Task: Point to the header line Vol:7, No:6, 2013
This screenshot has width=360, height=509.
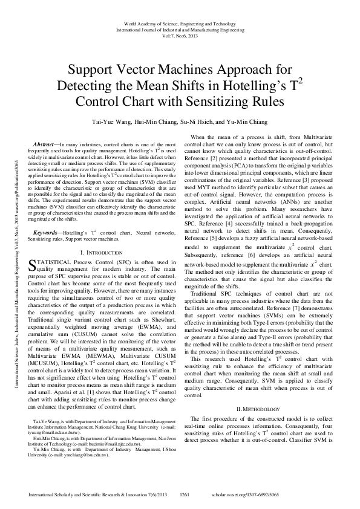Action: pyautogui.click(x=180, y=34)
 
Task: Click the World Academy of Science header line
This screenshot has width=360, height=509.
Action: pyautogui.click(x=180, y=22)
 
